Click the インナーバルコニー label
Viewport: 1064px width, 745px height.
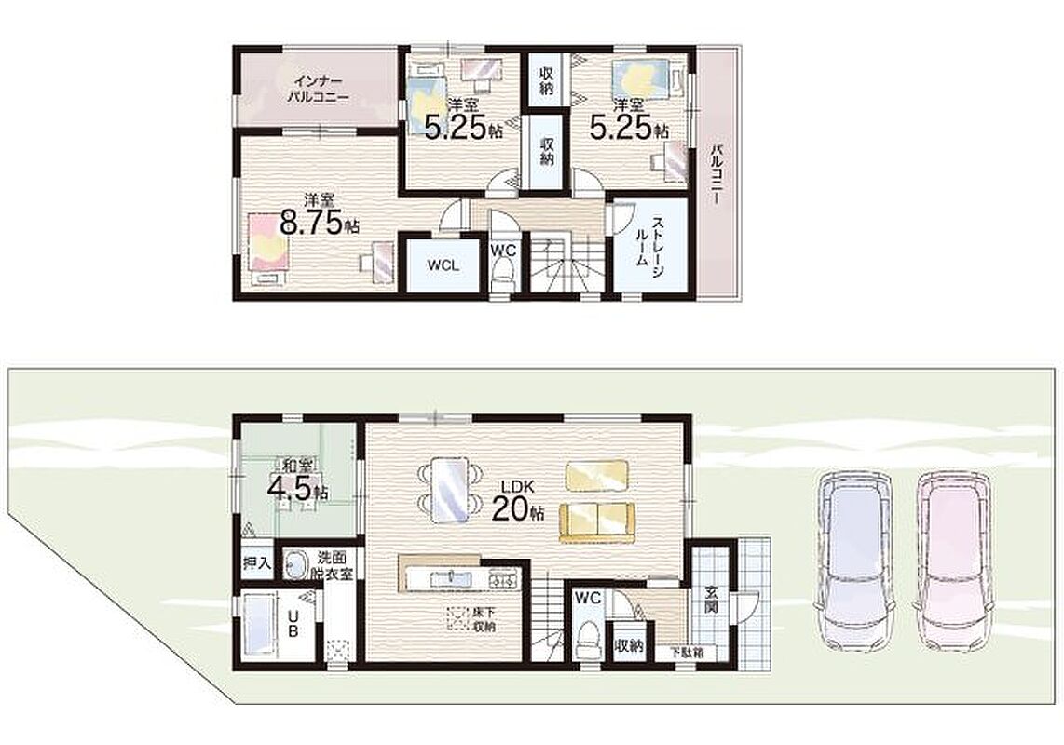coord(318,88)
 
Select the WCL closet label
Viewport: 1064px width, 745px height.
coord(443,265)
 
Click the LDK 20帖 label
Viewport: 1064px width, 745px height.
coord(518,500)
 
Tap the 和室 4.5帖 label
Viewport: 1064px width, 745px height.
coord(298,480)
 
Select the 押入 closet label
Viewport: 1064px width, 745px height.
coord(258,562)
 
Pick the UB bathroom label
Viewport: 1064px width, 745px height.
coord(293,623)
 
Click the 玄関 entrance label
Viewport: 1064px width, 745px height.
coord(712,600)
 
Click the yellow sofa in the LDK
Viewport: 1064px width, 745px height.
coord(596,522)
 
